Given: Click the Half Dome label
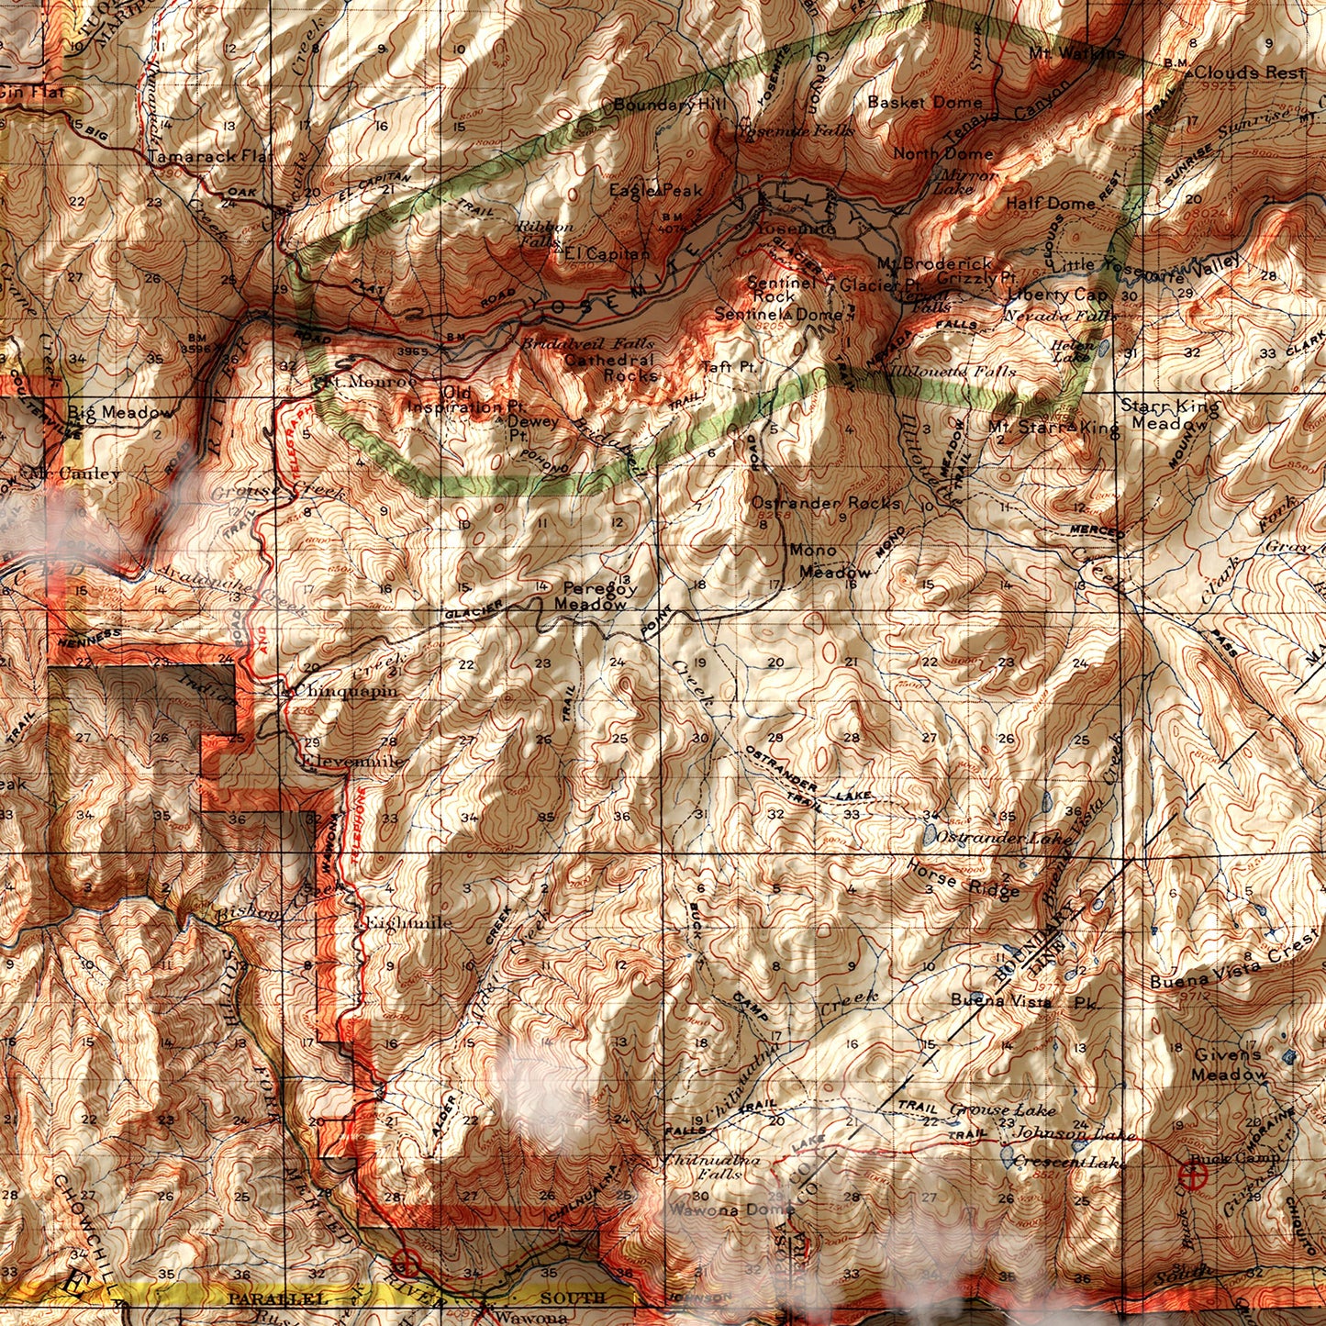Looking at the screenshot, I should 1050,203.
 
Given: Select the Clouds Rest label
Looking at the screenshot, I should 1249,72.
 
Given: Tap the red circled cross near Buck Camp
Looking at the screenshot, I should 1194,1174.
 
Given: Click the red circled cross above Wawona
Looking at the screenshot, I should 407,1263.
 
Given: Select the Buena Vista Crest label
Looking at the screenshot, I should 1233,967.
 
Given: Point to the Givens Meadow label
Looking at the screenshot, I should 1229,1064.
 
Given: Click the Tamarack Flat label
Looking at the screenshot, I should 207,157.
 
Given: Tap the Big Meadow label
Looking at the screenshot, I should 119,412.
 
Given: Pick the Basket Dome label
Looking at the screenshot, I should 924,102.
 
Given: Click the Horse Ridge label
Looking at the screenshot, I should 962,878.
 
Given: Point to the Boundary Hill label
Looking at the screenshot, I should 669,105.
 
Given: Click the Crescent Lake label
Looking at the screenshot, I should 1068,1162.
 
